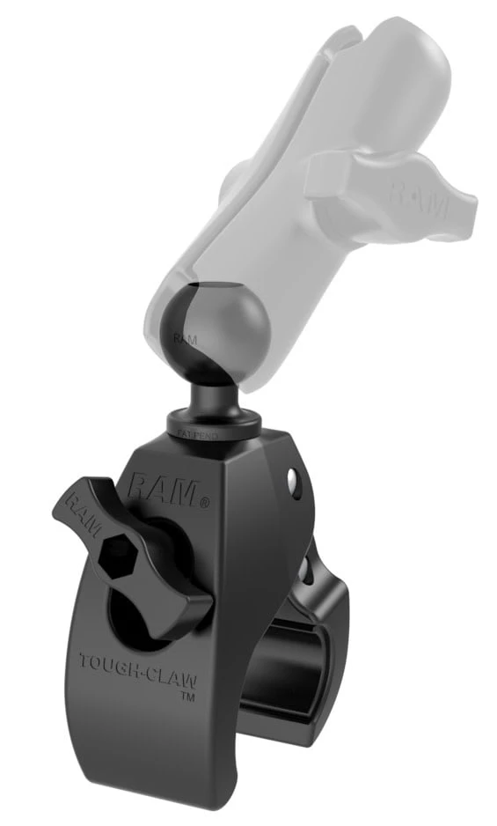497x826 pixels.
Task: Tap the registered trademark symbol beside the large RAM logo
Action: [205, 503]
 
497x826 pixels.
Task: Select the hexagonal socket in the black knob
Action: [117, 556]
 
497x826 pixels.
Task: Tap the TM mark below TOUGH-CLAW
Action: [186, 697]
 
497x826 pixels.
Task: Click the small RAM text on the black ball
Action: [182, 337]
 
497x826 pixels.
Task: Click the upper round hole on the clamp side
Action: [291, 479]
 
